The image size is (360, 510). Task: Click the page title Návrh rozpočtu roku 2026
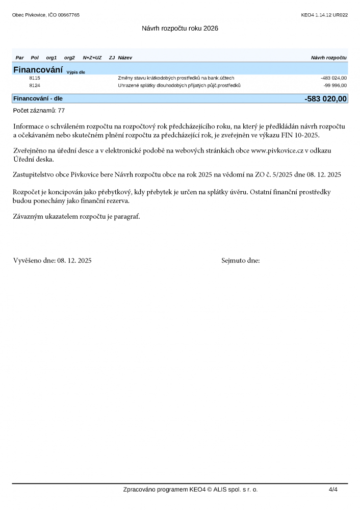point(180,29)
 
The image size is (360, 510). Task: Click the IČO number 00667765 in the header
point(68,15)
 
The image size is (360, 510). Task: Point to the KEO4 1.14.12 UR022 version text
point(324,15)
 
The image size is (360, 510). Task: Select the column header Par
point(20,58)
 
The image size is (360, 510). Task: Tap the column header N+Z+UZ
point(92,58)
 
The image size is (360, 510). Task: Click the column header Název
point(125,58)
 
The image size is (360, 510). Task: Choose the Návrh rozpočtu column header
point(328,58)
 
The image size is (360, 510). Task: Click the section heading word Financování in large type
point(38,69)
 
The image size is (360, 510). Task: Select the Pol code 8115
point(35,78)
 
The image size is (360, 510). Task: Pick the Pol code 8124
point(35,85)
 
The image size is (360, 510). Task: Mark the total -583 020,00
point(325,98)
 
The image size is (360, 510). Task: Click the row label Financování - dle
point(38,98)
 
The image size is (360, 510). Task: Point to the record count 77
point(61,110)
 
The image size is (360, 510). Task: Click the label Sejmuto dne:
point(241,261)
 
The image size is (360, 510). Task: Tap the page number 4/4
point(333,490)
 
